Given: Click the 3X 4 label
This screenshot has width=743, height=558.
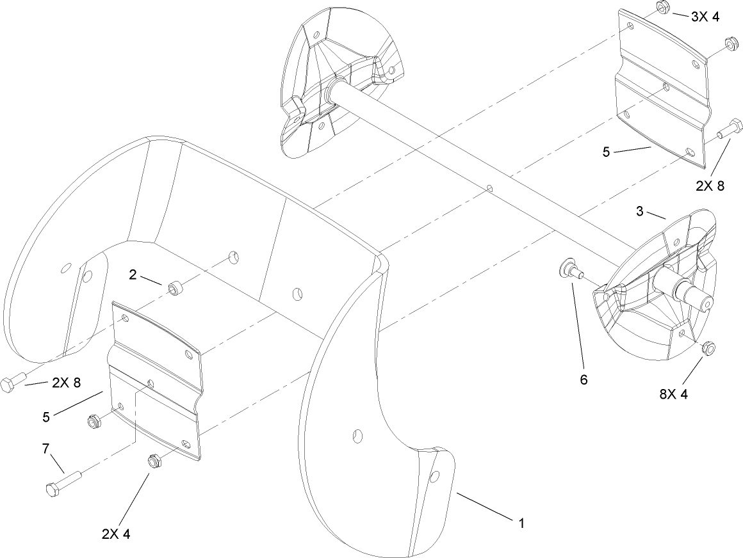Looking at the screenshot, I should [x=705, y=17].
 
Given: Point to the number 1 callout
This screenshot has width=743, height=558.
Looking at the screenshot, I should [x=521, y=523].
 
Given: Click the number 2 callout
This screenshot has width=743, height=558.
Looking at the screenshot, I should [x=133, y=275].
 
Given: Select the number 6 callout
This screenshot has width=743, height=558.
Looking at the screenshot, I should [x=584, y=379].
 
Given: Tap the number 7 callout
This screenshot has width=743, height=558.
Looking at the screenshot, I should [x=45, y=449].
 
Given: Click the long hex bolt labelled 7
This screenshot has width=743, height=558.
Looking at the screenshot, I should [x=61, y=484].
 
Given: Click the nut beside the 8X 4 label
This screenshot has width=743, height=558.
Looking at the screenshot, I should [x=708, y=349].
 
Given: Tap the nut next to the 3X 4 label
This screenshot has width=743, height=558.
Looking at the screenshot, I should [x=663, y=9].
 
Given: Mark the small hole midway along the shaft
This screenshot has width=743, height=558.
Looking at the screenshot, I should [x=489, y=189].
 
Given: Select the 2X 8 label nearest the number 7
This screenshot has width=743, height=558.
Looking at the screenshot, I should [x=67, y=383].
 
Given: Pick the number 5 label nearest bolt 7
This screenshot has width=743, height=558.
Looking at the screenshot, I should [x=45, y=416].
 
